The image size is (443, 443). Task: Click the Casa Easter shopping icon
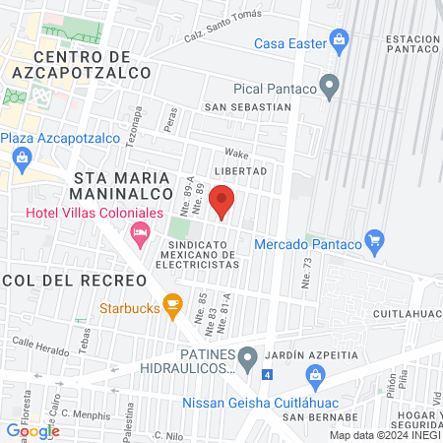coord(340,41)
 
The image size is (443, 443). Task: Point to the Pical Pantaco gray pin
coord(332,89)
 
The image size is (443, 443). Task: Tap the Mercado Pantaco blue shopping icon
coord(373,239)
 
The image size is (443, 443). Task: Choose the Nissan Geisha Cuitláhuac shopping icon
coord(315,374)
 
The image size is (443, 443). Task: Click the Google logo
coord(32,430)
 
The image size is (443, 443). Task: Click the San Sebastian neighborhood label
coord(247,107)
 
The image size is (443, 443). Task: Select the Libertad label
coord(240,171)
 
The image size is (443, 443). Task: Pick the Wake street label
coord(236,153)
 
